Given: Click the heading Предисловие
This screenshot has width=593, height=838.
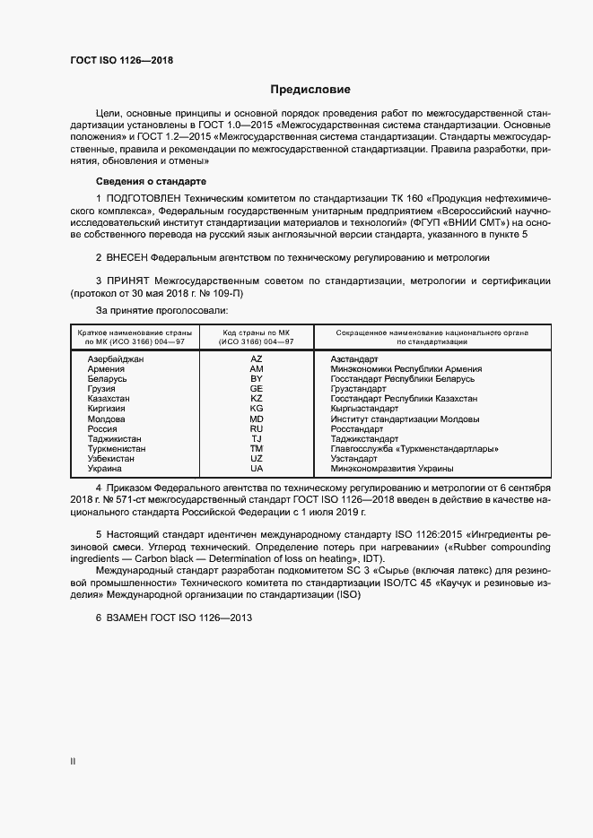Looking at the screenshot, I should tap(310, 90).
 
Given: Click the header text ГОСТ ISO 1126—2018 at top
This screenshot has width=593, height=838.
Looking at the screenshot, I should tap(121, 61).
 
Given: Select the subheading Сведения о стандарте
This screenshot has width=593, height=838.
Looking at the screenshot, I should tap(134, 181).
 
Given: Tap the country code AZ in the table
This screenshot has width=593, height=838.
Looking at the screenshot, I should tap(257, 359).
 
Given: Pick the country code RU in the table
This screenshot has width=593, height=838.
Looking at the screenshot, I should tap(257, 428).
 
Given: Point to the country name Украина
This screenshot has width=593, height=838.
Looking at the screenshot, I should tap(106, 469).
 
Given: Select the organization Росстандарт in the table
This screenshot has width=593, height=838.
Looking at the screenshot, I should tap(359, 428).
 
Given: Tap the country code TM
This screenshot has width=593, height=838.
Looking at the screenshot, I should tap(257, 448).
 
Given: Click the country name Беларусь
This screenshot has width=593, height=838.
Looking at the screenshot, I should tap(107, 378).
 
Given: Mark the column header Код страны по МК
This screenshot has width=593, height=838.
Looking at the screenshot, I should tap(257, 333).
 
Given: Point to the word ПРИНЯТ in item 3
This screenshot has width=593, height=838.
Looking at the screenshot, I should tap(134, 281).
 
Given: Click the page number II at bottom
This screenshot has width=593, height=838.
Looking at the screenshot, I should tap(73, 762).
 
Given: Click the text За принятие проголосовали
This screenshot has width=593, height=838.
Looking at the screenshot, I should tap(157, 310).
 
